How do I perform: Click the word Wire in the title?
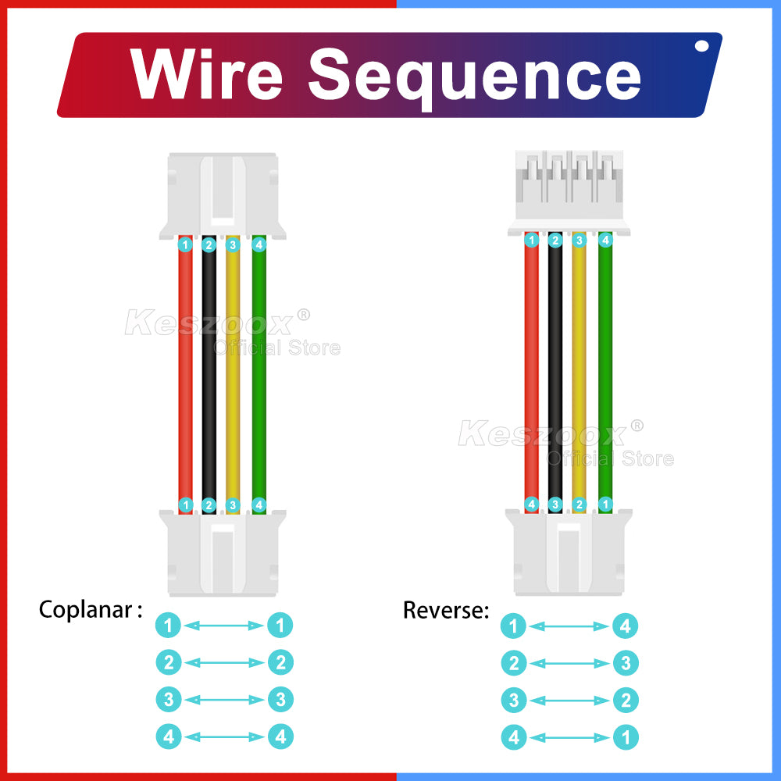[x=206, y=74]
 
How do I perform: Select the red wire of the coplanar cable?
[x=185, y=375]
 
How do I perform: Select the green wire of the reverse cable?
[x=604, y=367]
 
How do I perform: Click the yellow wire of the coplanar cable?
[x=233, y=375]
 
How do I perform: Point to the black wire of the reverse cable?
[x=555, y=367]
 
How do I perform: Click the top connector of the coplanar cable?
[x=223, y=195]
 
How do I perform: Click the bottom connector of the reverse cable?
[x=568, y=551]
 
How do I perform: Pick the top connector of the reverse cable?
[x=568, y=191]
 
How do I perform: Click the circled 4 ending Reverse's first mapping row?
[x=626, y=626]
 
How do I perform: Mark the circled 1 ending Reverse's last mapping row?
[x=626, y=737]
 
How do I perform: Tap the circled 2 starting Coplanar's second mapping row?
[x=169, y=663]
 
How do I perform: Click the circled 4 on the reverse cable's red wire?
[x=532, y=505]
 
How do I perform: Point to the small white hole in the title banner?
[x=701, y=47]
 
